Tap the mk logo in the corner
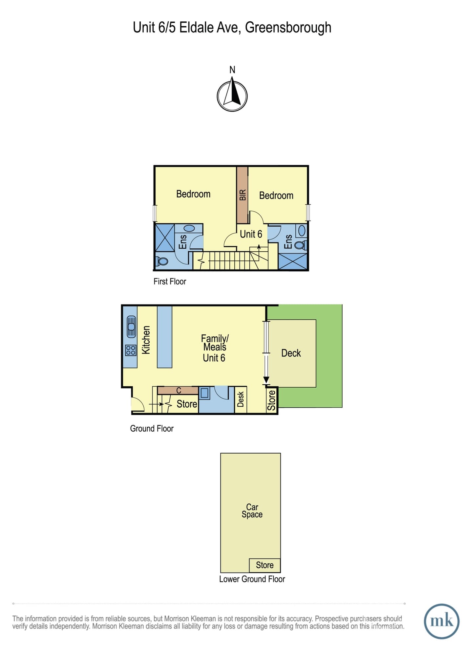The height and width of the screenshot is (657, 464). tap(441, 621)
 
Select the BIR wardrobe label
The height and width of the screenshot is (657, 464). tap(243, 195)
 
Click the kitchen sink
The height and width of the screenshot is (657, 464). tap(131, 327)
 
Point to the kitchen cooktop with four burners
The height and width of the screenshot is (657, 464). tap(131, 350)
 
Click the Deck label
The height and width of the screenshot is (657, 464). tap(291, 353)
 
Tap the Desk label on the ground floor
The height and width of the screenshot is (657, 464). tap(241, 399)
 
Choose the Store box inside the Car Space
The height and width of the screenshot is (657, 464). tap(265, 565)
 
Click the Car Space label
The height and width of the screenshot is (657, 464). tap(252, 511)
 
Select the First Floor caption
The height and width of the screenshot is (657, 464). tap(170, 282)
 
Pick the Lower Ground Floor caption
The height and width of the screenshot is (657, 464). tap(252, 579)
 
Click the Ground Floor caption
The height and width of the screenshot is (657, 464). tap(152, 428)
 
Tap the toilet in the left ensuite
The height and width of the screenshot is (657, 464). tap(162, 261)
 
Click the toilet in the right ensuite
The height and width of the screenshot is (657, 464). tap(300, 245)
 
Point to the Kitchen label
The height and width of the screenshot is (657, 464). tap(146, 340)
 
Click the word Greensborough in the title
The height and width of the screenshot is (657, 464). tap(288, 28)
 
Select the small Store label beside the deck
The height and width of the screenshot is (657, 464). tap(271, 400)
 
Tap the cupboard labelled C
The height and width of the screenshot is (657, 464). tap(178, 390)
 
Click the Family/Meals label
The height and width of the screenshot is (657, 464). tap(215, 343)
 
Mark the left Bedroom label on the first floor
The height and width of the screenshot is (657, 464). tap(193, 194)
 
